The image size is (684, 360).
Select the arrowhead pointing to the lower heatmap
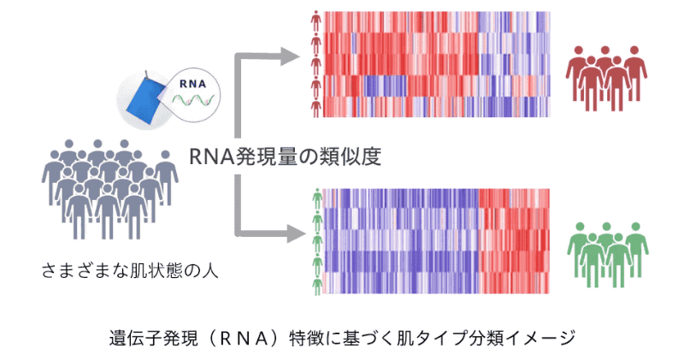pos(291,233)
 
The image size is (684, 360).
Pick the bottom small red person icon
pos(315,106)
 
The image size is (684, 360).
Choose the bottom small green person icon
pos(315,283)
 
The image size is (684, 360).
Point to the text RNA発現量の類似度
pos(285,156)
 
